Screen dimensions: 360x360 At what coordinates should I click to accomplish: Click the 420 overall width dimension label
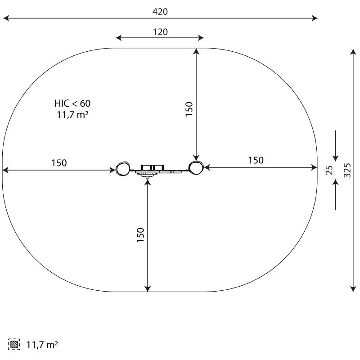click(x=160, y=12)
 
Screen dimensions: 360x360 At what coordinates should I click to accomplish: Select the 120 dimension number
click(x=160, y=32)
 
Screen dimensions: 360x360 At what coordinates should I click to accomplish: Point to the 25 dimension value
click(x=329, y=170)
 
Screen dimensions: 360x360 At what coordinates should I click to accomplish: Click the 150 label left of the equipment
click(x=59, y=163)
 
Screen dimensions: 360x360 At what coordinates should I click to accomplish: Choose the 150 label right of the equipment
click(x=256, y=160)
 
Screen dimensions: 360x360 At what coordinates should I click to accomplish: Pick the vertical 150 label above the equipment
click(x=189, y=109)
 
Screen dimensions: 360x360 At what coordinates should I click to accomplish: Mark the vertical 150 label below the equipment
click(x=140, y=235)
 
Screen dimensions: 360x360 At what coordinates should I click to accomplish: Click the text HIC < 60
click(x=72, y=103)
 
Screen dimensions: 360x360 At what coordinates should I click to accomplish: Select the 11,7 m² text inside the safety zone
click(x=72, y=115)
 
